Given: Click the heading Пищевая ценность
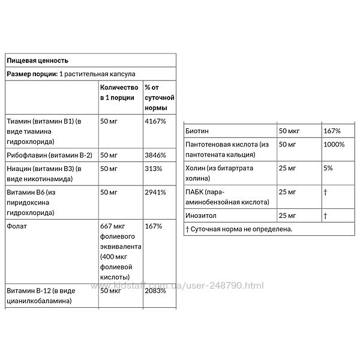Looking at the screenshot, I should pos(37,61).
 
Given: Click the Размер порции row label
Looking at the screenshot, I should pos(31,73).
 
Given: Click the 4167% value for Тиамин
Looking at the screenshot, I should pos(155,121).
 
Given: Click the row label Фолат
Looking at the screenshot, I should pos(16,227).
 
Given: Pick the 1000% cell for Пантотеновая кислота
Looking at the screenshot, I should pos(333,145).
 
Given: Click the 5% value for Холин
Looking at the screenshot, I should pos(327,168).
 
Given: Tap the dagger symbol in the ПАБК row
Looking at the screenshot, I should pos(325,192).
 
